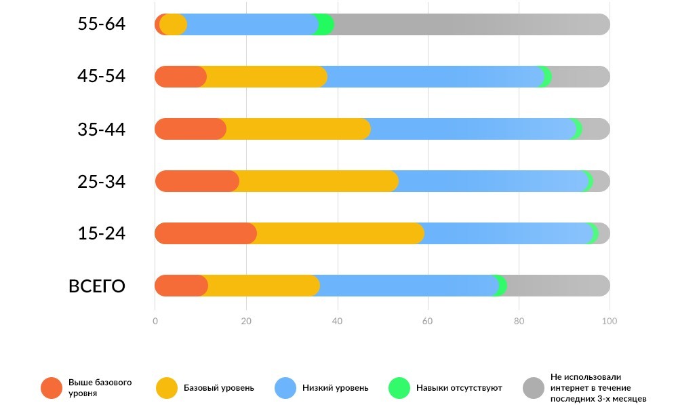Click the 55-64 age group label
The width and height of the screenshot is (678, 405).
click(x=102, y=24)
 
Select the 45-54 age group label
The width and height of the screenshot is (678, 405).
click(x=102, y=76)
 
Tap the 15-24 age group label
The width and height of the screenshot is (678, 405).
click(x=102, y=233)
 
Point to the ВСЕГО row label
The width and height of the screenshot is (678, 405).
click(x=97, y=286)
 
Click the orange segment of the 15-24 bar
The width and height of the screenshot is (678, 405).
click(x=203, y=233)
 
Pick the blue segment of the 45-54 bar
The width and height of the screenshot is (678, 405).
click(x=434, y=77)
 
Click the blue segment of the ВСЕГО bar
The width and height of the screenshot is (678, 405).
click(x=407, y=286)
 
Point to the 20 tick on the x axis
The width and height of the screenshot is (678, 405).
click(x=247, y=322)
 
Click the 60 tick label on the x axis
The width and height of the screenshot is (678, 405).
click(x=428, y=322)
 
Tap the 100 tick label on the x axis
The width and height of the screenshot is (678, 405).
click(x=610, y=322)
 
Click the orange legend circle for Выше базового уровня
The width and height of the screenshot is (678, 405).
click(x=52, y=388)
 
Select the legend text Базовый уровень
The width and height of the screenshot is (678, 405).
click(x=219, y=388)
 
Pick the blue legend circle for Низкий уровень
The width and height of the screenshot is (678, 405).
click(x=285, y=388)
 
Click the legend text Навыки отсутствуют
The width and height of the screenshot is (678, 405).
click(x=459, y=388)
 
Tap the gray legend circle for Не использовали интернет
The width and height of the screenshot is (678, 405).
click(x=534, y=388)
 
